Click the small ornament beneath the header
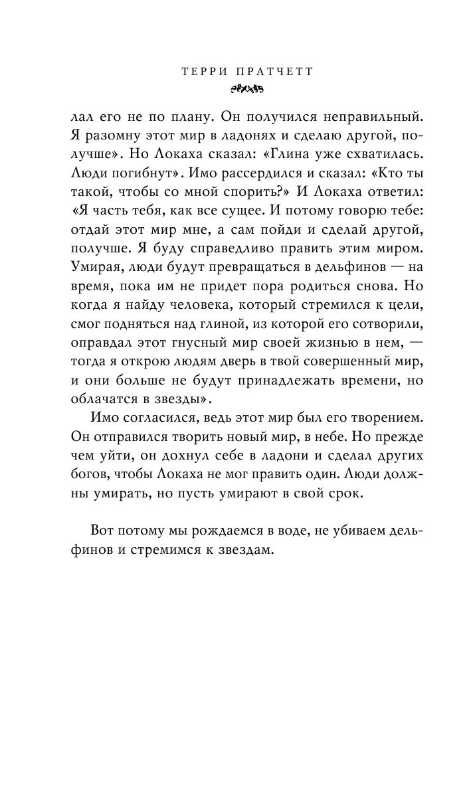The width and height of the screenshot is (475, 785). click(237, 87)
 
